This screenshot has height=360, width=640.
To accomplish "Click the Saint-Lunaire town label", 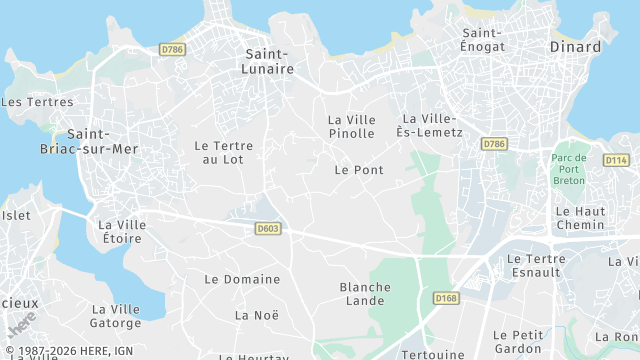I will coord(268,61).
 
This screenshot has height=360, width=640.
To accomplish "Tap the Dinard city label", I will coord(576,47).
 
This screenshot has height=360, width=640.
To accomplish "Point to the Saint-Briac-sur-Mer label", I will coord(103,142).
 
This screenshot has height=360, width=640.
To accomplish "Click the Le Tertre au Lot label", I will coord(223,152).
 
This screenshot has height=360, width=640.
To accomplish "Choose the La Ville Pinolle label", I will coord(351,126).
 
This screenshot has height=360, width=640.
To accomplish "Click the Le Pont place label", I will coord(359,170).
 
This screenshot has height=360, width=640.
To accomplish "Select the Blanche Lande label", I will coord(365,294).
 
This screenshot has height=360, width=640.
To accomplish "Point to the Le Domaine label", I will coord(242,279).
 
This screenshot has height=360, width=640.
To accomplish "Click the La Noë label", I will coord(256,315).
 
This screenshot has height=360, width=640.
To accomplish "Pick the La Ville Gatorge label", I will coord(116,316).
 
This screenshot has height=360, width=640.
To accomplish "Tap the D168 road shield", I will coord(446,298).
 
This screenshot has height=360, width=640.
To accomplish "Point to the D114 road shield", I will coord(616,160).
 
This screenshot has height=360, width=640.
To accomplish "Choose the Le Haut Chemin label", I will coord(580,218).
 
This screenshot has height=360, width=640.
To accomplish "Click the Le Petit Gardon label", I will coord(518,341).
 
